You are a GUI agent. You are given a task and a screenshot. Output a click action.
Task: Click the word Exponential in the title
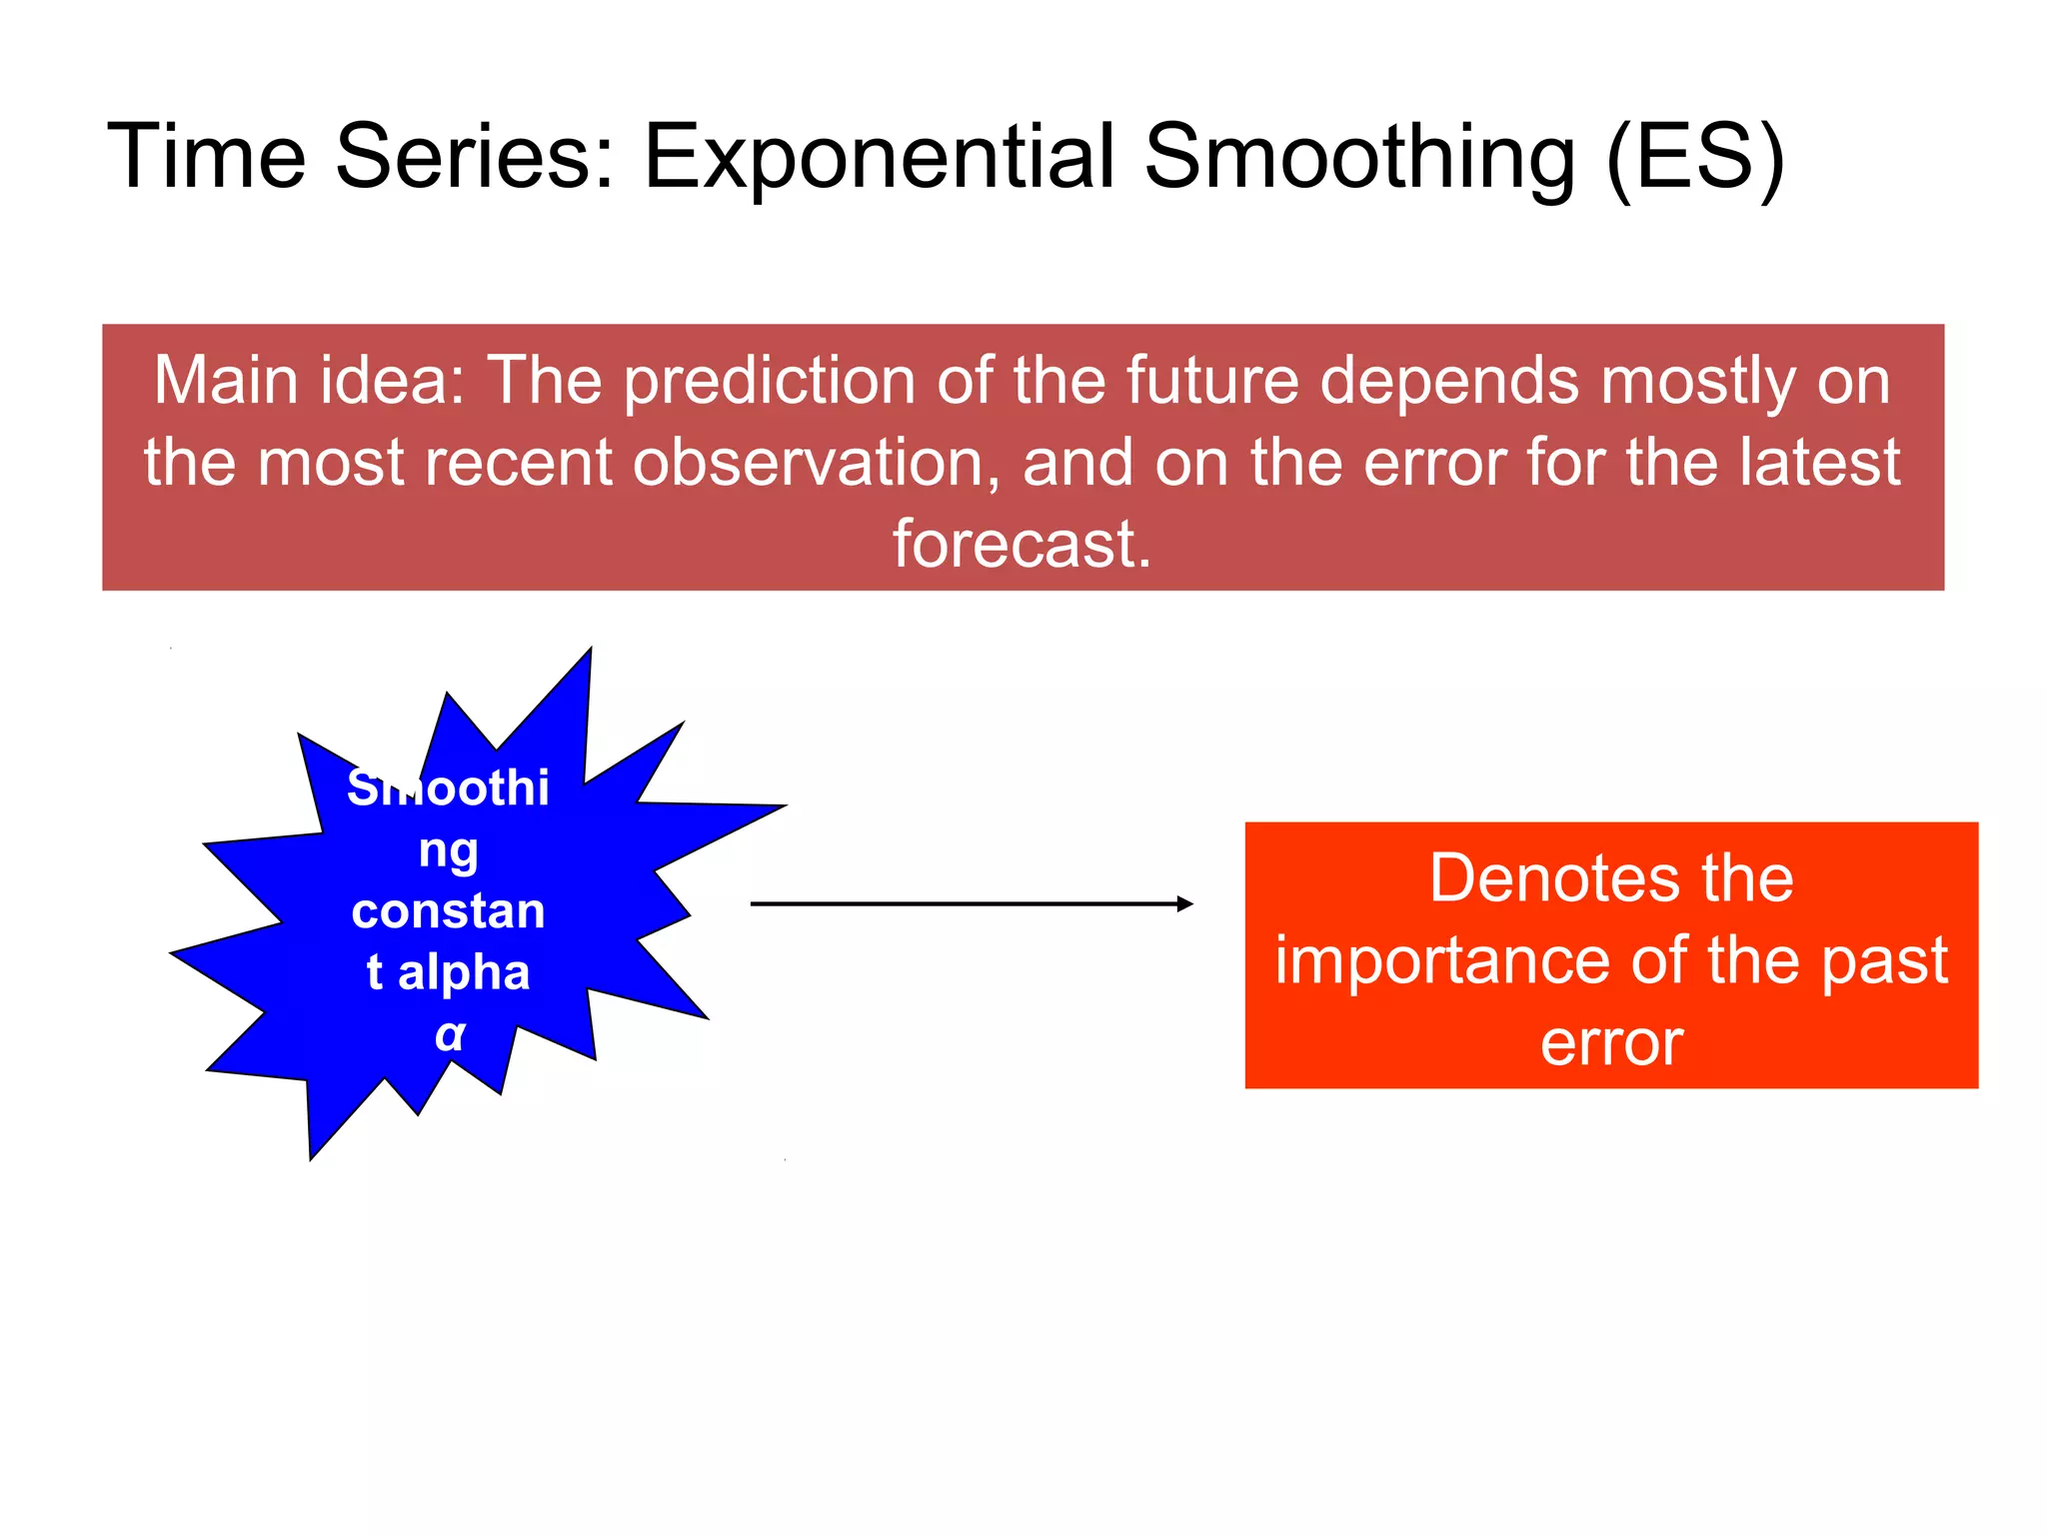coord(878,157)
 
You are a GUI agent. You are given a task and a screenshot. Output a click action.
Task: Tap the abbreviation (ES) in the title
coord(1695,157)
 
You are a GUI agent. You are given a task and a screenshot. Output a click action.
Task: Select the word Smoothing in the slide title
coord(1359,157)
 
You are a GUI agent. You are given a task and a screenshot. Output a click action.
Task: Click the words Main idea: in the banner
coord(310,382)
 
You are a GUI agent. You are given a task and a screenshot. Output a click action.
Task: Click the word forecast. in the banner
coord(1023,545)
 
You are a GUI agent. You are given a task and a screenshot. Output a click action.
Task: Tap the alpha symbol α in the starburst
coord(450,1034)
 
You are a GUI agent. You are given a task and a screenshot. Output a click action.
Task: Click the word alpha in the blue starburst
coord(464,972)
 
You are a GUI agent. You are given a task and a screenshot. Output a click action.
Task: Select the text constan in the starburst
coord(449,911)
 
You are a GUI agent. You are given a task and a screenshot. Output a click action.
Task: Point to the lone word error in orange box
coord(1611,1042)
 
